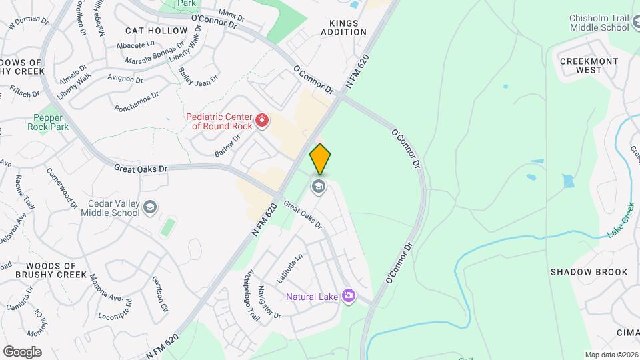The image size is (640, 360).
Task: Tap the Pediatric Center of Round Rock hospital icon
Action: pos(262,121)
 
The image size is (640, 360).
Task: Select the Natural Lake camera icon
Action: pos(347,295)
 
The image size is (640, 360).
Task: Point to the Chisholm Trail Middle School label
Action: pos(599,23)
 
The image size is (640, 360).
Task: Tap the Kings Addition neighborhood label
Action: pos(344,27)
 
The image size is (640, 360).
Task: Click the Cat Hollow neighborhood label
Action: pos(157,31)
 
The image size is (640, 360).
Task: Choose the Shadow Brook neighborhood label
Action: pos(589,272)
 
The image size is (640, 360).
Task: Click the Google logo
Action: pos(22,351)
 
